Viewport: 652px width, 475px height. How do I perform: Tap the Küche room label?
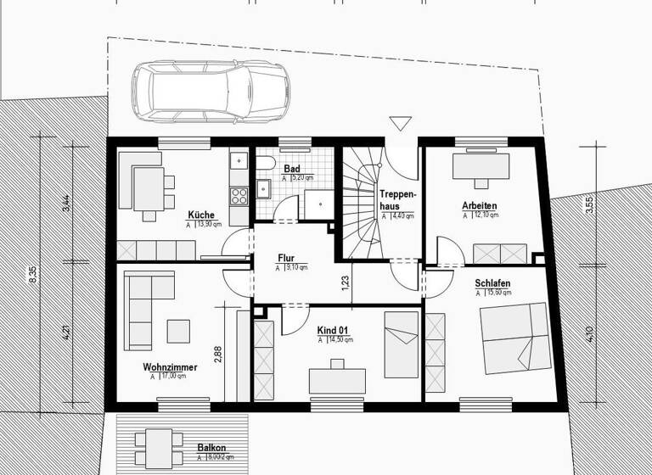[x=201, y=214]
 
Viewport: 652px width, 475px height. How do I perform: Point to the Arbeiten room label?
[x=479, y=205]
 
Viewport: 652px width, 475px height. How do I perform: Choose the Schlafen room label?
[x=492, y=282]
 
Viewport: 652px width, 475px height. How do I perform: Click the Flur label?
[x=286, y=259]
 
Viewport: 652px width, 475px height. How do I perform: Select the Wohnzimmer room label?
[x=171, y=367]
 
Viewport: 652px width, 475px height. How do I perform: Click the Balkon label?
[x=211, y=447]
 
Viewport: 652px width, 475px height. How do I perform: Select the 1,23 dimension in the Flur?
[x=345, y=282]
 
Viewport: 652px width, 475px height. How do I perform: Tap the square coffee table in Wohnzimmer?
[x=178, y=328]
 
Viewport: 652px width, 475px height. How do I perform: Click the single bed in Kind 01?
[x=401, y=344]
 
